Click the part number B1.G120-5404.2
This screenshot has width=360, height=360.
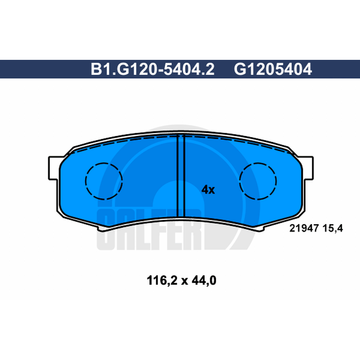(x=153, y=69)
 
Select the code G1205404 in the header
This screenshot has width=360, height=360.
(x=273, y=69)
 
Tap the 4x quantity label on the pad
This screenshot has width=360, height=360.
(x=208, y=189)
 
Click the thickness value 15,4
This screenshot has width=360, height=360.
(x=333, y=229)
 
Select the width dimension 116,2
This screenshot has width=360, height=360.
(x=162, y=280)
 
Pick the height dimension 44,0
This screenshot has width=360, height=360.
(x=204, y=280)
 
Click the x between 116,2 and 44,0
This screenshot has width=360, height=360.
(x=184, y=282)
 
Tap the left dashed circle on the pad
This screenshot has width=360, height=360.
(x=104, y=163)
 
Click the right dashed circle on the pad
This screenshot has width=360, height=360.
(x=258, y=163)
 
